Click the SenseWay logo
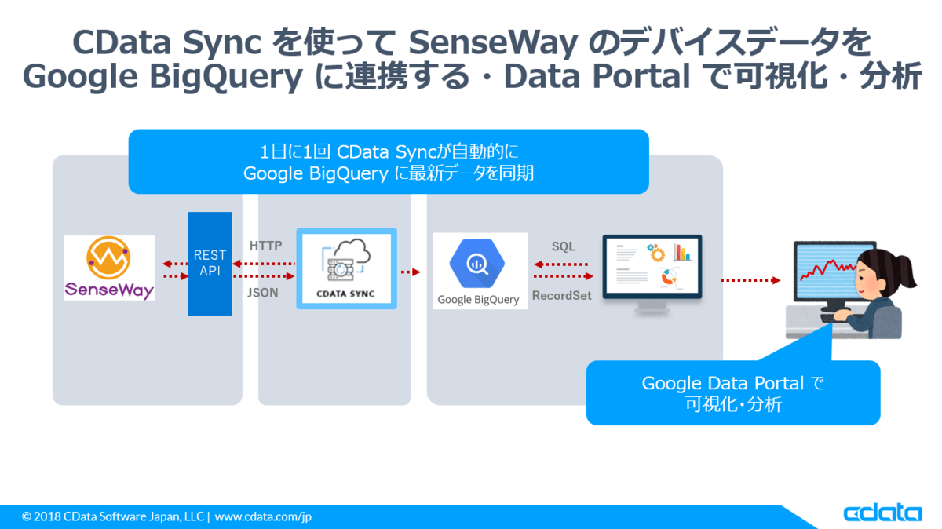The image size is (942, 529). (109, 268)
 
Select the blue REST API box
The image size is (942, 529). (210, 264)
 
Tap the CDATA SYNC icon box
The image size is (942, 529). (346, 268)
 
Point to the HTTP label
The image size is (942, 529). (265, 246)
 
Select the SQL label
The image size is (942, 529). (563, 246)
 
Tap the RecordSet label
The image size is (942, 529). (562, 296)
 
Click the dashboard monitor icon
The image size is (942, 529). (652, 272)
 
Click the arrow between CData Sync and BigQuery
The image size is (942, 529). (411, 272)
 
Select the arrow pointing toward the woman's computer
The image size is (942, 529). (750, 280)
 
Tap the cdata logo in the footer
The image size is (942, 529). (883, 513)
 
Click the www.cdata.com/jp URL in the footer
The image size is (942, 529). (263, 517)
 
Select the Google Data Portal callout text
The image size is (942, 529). (732, 393)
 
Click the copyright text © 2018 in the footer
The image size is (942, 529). (42, 517)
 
